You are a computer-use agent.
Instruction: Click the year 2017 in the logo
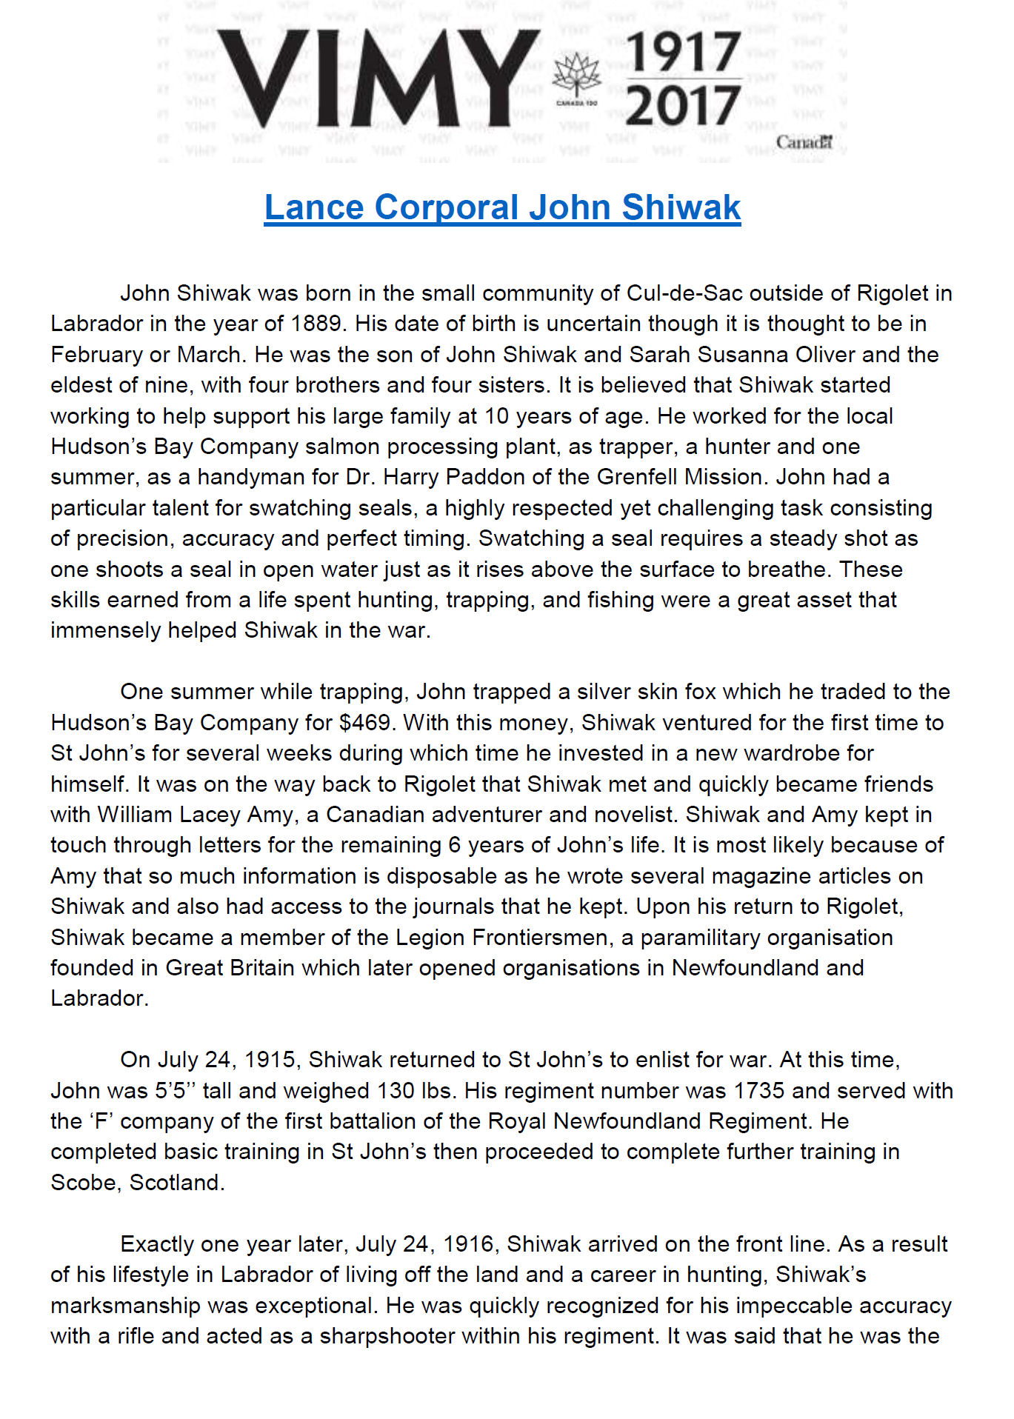click(684, 105)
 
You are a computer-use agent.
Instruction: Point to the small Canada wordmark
click(804, 141)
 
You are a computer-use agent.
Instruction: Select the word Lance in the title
click(314, 207)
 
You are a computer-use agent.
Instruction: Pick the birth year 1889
click(316, 324)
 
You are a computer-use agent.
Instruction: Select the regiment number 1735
click(759, 1091)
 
